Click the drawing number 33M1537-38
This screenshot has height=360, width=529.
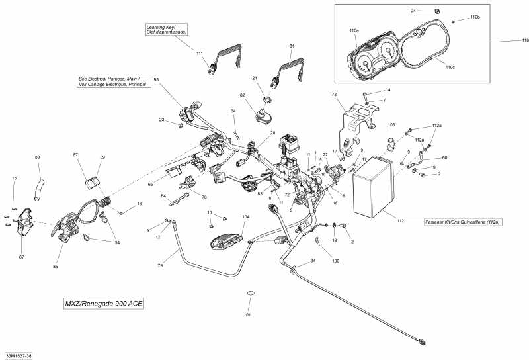[x=18, y=355]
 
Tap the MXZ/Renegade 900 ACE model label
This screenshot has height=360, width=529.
[x=103, y=304]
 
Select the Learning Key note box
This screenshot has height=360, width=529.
[x=167, y=29]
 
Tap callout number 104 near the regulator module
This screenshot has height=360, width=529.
[x=246, y=217]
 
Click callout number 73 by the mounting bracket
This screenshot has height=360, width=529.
[x=334, y=95]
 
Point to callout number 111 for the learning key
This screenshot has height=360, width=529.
[x=200, y=52]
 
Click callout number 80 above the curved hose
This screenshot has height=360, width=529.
[x=37, y=157]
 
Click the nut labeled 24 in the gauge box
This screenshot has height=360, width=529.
[x=437, y=11]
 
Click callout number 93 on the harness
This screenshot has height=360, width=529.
[x=157, y=80]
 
